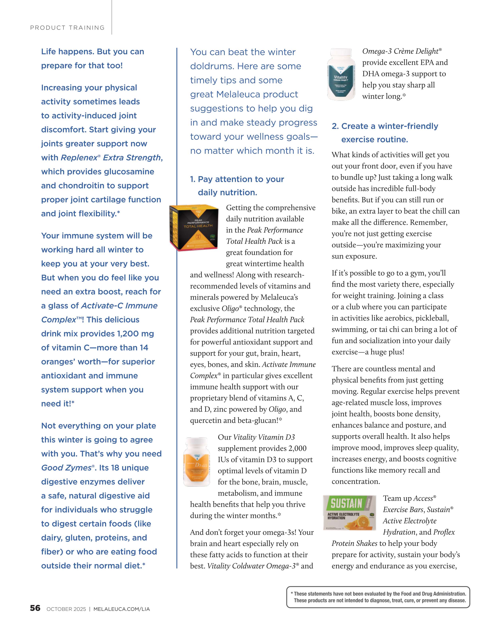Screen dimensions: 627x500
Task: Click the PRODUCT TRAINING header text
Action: click(67, 28)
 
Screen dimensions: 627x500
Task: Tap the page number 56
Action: click(35, 608)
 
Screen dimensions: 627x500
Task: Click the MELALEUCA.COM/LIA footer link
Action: click(122, 609)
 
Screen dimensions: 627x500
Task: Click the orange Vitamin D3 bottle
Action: click(197, 462)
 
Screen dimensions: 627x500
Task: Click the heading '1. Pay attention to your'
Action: click(237, 179)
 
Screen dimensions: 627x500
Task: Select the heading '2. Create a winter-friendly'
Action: click(385, 126)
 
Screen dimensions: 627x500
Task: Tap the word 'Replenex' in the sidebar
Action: click(79, 158)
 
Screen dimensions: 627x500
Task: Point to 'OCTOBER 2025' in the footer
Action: click(66, 609)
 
